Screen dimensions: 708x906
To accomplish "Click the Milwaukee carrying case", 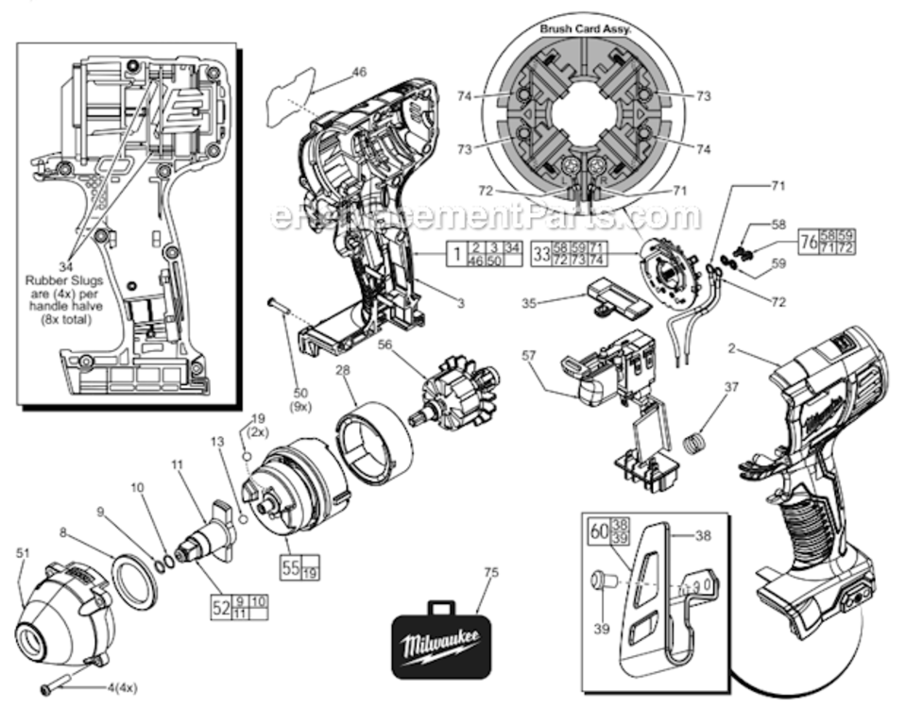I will click(x=442, y=641).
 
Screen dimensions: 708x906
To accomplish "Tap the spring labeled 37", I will click(x=697, y=441).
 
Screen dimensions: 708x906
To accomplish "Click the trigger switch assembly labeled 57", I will click(x=605, y=373).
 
